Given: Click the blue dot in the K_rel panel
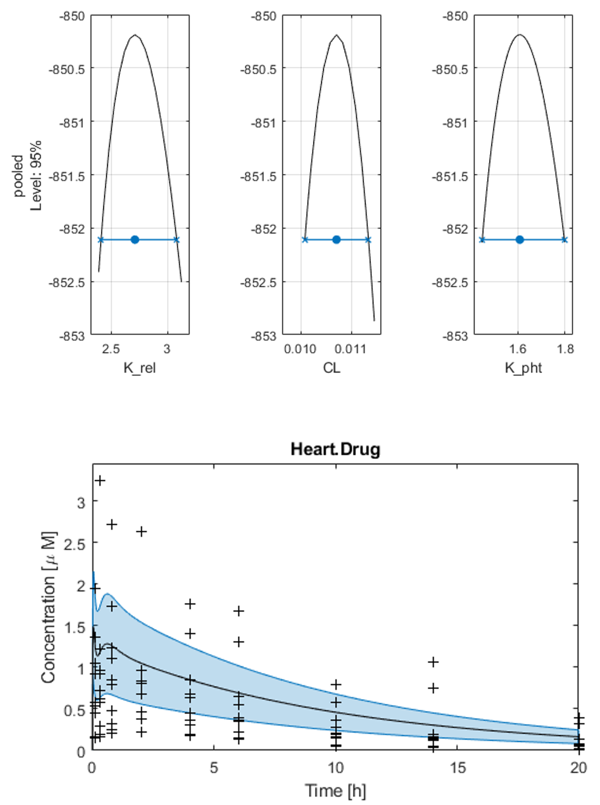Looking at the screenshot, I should tap(135, 239).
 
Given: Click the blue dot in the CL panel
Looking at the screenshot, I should tap(336, 239).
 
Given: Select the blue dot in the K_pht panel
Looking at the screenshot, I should tap(519, 239).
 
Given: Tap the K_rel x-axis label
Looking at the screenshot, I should tap(139, 368).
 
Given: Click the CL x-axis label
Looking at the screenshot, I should tap(332, 368).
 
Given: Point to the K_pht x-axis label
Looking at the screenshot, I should tap(523, 368).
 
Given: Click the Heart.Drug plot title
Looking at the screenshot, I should tap(336, 450).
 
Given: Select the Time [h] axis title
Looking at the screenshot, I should tap(336, 790).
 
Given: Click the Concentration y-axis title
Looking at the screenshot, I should tap(49, 608).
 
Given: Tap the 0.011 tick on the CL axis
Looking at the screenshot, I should tap(350, 349).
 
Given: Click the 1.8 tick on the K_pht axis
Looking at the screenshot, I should tap(565, 349).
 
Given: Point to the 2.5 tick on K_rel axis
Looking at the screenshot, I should tap(111, 349).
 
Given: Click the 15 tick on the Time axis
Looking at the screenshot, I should tap(457, 767).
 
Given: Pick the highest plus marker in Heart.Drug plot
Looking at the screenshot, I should tap(100, 481).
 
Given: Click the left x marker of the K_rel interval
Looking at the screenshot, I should tap(101, 239).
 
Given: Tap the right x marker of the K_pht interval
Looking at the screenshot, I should tap(564, 239).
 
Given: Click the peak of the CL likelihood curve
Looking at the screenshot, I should tap(336, 35).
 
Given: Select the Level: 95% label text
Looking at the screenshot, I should tap(36, 175).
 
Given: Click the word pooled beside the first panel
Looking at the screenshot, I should tap(18, 175).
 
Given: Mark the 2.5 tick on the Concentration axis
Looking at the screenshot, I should tap(74, 544).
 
